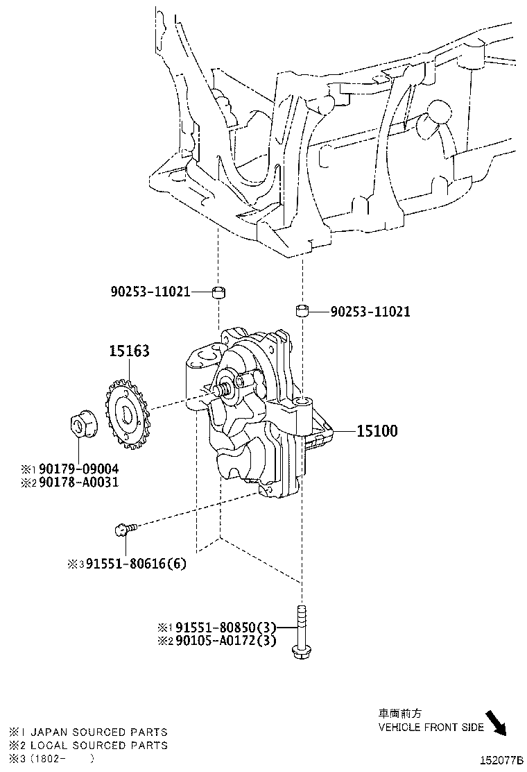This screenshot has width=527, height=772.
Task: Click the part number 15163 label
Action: coord(128,351)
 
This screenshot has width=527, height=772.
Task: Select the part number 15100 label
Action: coord(377,431)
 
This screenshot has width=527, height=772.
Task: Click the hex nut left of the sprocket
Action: coord(83,424)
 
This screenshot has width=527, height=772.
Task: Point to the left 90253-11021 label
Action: coord(149,292)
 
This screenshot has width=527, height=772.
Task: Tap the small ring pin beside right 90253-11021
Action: coord(302,310)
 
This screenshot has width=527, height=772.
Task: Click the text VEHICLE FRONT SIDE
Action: coord(431,727)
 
